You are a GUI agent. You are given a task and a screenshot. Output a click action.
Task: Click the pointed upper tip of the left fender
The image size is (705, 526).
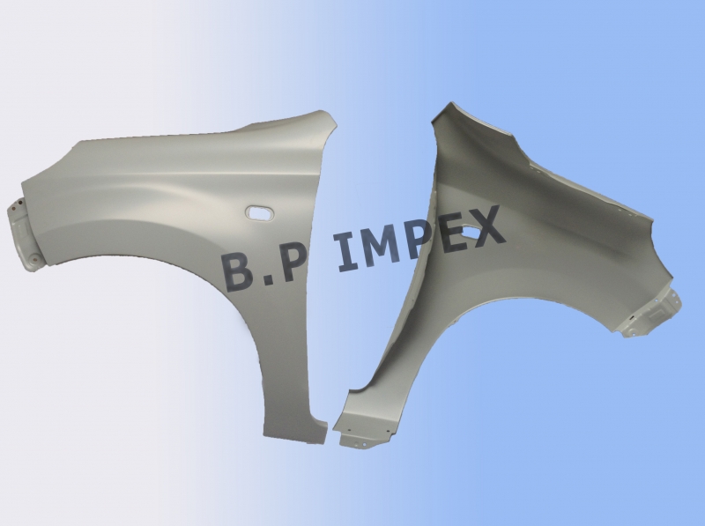tap(329, 115)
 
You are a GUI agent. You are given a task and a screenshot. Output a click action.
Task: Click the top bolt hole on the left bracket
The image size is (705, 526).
tap(17, 209)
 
